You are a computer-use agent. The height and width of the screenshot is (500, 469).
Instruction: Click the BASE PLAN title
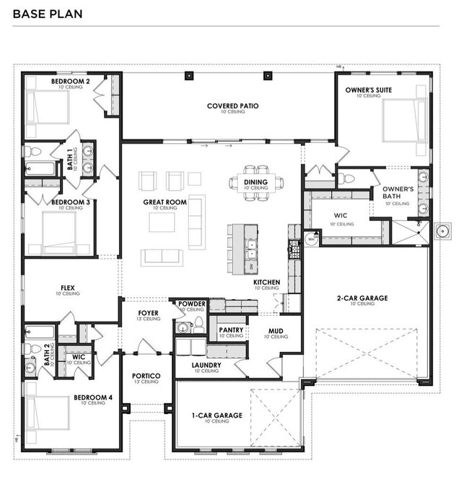[x=48, y=14]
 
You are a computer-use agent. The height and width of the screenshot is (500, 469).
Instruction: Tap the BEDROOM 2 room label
[x=70, y=82]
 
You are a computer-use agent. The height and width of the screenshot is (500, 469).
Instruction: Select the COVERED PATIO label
[x=232, y=106]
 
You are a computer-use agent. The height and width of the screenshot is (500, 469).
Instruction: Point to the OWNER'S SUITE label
[x=367, y=90]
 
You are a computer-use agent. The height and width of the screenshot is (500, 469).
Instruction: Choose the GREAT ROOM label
[x=159, y=202]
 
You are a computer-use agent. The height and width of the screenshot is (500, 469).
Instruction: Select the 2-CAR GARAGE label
[x=361, y=298]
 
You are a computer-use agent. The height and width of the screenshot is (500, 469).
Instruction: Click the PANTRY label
[x=230, y=330]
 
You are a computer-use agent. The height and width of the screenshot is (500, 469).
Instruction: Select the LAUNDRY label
[x=206, y=366]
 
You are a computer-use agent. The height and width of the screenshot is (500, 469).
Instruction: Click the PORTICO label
[x=146, y=376]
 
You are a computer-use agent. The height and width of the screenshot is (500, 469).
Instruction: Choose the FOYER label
[x=149, y=314]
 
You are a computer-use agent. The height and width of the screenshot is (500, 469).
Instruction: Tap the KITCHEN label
[x=266, y=283]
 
